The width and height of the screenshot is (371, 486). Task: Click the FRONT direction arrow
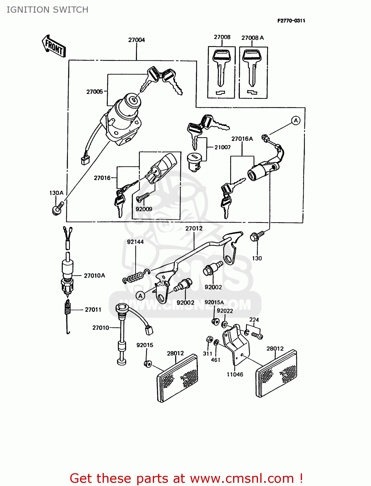pos(54,46)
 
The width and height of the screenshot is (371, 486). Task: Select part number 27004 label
pos(136,40)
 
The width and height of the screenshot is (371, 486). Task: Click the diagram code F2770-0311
pos(291,21)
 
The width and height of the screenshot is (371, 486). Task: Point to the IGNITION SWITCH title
pos(47,10)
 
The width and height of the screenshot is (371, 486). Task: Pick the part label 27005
pos(95,92)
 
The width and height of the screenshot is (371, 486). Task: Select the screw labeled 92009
pos(142,197)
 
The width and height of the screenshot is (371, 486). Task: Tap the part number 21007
pos(222,147)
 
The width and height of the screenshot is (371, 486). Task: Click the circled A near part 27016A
pos(296,121)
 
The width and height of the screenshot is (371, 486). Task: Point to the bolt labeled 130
pos(256,236)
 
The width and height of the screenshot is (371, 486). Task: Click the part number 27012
pos(194,228)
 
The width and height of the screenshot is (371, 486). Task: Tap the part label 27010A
pos(94,275)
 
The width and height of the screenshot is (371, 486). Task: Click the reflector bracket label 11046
pos(235,375)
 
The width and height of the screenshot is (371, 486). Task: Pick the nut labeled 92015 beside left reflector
pos(148,364)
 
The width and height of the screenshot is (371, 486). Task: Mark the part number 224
pos(254,320)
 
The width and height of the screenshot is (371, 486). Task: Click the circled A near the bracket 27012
pos(140,296)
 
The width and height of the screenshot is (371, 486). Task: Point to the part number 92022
pos(225,311)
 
